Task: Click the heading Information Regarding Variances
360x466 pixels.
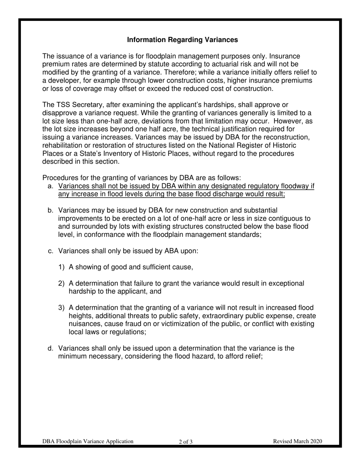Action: (x=182, y=40)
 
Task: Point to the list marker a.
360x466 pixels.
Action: (x=50, y=186)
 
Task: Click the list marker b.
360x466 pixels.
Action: (x=50, y=210)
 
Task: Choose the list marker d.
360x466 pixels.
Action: (x=50, y=348)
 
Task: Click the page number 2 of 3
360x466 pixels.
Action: (x=186, y=441)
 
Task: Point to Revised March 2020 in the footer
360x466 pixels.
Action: (x=297, y=441)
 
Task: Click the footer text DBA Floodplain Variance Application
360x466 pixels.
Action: (x=88, y=441)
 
